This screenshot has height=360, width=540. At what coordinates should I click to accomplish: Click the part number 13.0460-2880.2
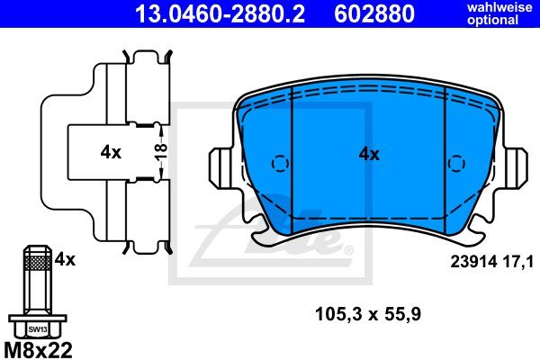[x=220, y=13]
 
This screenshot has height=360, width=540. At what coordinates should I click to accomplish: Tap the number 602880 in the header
[x=374, y=13]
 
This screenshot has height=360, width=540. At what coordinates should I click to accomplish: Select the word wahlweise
[x=499, y=7]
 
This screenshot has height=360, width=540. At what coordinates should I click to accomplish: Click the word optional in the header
[x=493, y=20]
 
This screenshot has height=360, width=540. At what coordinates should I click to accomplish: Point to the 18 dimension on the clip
[x=161, y=151]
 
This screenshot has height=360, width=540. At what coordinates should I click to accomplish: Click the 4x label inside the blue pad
[x=369, y=154]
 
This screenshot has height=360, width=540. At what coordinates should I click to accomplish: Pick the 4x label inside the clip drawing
[x=111, y=152]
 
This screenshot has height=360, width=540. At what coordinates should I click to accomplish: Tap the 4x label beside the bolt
[x=65, y=259]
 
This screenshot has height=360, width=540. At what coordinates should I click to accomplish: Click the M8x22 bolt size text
[x=38, y=350]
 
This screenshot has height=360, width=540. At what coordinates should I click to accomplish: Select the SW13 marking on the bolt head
[x=38, y=329]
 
